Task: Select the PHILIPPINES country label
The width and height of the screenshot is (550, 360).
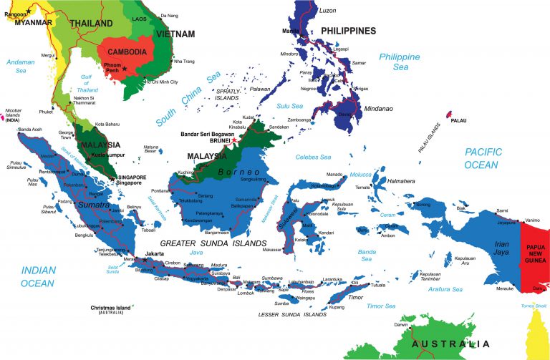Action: point(348,31)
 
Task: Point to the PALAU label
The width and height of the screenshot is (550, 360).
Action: point(458,120)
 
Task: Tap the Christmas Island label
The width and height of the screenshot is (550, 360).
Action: point(112,308)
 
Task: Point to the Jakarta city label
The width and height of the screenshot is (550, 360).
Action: point(155,253)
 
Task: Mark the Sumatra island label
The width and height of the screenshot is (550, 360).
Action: point(93,205)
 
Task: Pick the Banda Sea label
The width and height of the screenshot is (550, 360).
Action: point(367,256)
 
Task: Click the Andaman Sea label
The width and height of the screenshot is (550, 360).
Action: point(20,66)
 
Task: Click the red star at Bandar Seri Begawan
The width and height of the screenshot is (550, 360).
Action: point(234,140)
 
